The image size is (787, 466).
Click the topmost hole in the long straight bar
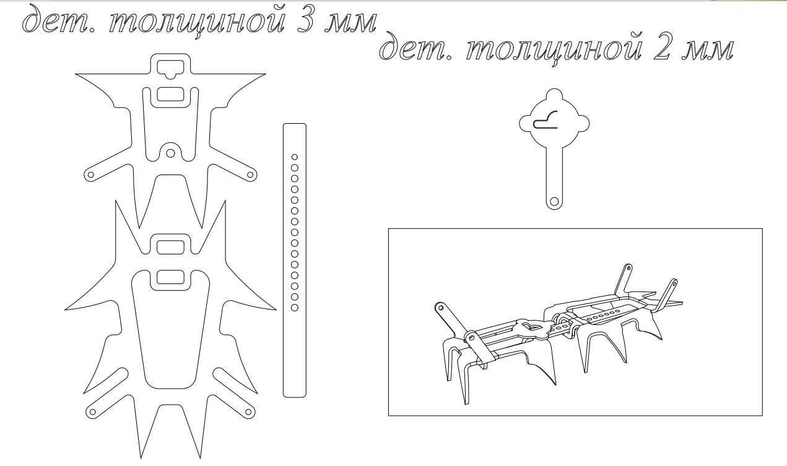(x=295, y=157)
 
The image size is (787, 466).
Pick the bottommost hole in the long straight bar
(x=295, y=308)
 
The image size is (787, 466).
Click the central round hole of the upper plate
(x=170, y=153)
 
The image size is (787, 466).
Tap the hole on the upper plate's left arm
(x=90, y=175)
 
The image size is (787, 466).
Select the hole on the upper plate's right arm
(x=250, y=175)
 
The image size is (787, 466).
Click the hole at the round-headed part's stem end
(x=554, y=202)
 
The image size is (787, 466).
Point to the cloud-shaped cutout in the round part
(x=546, y=119)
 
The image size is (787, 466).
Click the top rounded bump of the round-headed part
(x=554, y=93)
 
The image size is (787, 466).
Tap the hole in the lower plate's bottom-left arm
(x=93, y=412)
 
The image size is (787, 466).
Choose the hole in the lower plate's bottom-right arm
(x=248, y=412)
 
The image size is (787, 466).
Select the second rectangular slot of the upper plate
(x=170, y=94)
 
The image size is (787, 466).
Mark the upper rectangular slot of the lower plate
(x=170, y=247)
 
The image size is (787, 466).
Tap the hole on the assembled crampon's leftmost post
(x=440, y=308)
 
